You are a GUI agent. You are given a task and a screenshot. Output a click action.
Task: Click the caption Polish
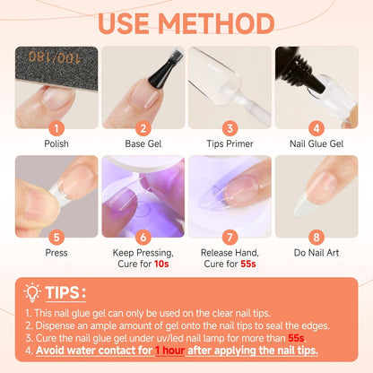pyautogui.click(x=56, y=143)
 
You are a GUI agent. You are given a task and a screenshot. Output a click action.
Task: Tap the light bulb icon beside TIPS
pyautogui.click(x=32, y=293)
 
